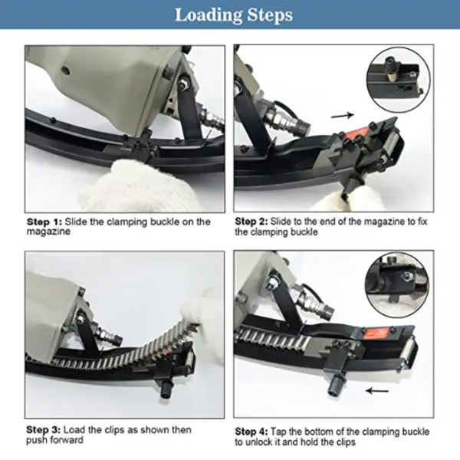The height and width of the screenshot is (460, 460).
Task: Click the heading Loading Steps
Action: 234,15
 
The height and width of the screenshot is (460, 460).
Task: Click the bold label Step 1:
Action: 44,222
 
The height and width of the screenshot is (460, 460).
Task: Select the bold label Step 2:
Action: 251,222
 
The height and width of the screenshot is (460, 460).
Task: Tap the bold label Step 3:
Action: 44,430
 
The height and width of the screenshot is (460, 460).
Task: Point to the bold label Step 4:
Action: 251,432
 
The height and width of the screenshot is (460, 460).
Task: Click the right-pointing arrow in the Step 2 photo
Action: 343,115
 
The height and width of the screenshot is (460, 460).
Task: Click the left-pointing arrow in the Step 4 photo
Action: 377,390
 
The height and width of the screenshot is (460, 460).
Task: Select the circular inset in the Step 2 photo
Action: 398,80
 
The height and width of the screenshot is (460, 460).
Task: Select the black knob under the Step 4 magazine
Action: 335,386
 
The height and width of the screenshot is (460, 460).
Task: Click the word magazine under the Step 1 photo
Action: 48,232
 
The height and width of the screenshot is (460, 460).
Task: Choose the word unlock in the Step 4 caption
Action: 261,442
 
